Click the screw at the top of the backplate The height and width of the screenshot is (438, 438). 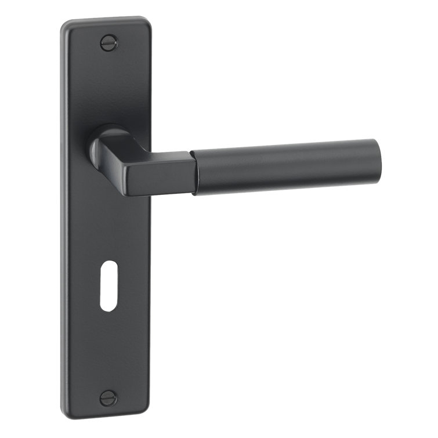[109, 42]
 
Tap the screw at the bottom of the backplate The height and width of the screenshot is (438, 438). [108, 398]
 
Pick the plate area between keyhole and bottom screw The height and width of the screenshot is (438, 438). [108, 354]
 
